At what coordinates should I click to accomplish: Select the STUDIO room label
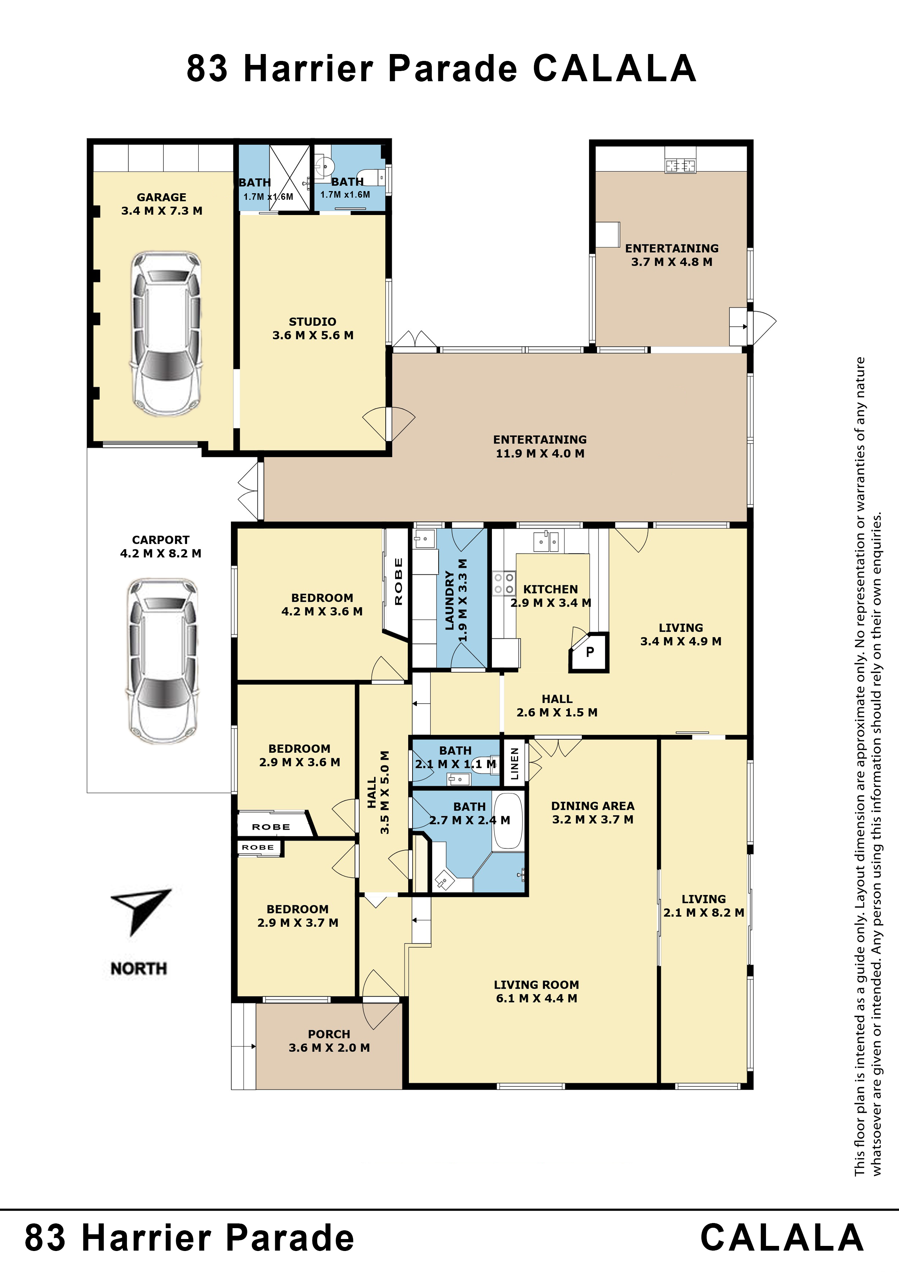point(312,322)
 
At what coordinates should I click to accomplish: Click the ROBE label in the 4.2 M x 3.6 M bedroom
point(398,581)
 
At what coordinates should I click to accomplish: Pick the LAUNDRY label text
point(449,600)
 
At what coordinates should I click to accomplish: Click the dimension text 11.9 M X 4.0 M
point(540,453)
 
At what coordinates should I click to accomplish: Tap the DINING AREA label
point(593,806)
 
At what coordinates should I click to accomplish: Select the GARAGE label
point(162,197)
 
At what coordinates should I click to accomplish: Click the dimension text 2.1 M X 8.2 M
point(704,912)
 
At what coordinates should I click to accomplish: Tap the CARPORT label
point(161,540)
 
